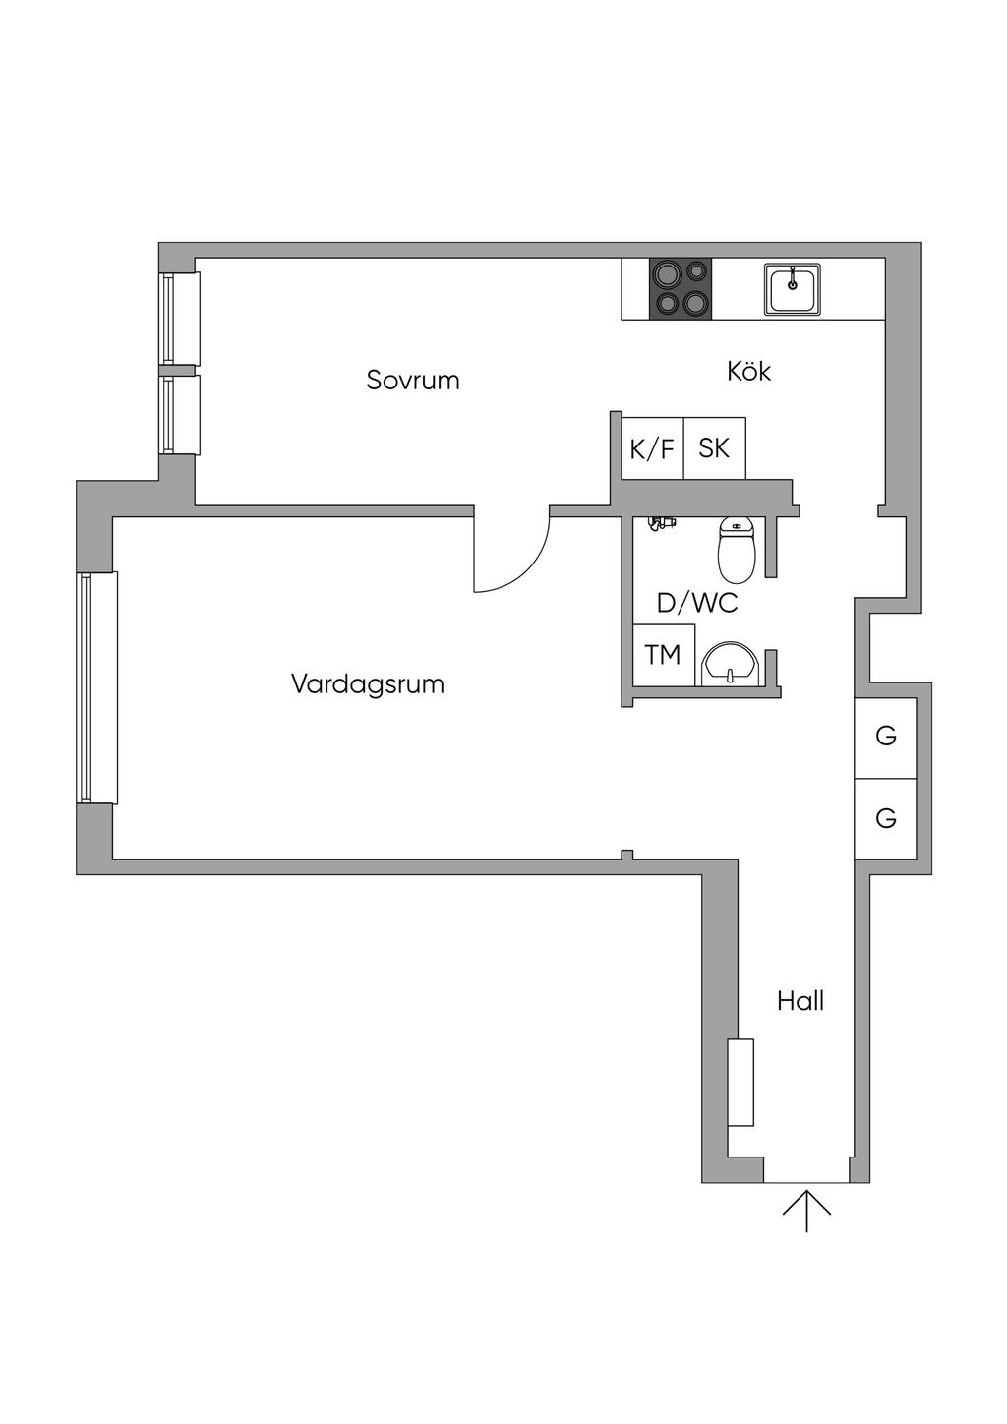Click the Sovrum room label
point(413,380)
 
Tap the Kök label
point(748,371)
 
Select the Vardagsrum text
point(367,683)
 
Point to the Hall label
point(800,1001)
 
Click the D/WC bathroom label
point(696,603)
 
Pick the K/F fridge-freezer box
point(652,449)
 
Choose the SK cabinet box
point(714,448)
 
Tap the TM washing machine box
point(663,654)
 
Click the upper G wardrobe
point(885,736)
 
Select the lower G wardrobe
point(885,817)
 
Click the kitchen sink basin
point(793,289)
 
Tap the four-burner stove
point(680,289)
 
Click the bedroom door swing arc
point(521,561)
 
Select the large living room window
point(98,687)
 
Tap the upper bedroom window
point(181,319)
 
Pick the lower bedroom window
point(181,414)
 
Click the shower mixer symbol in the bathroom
point(661,523)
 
